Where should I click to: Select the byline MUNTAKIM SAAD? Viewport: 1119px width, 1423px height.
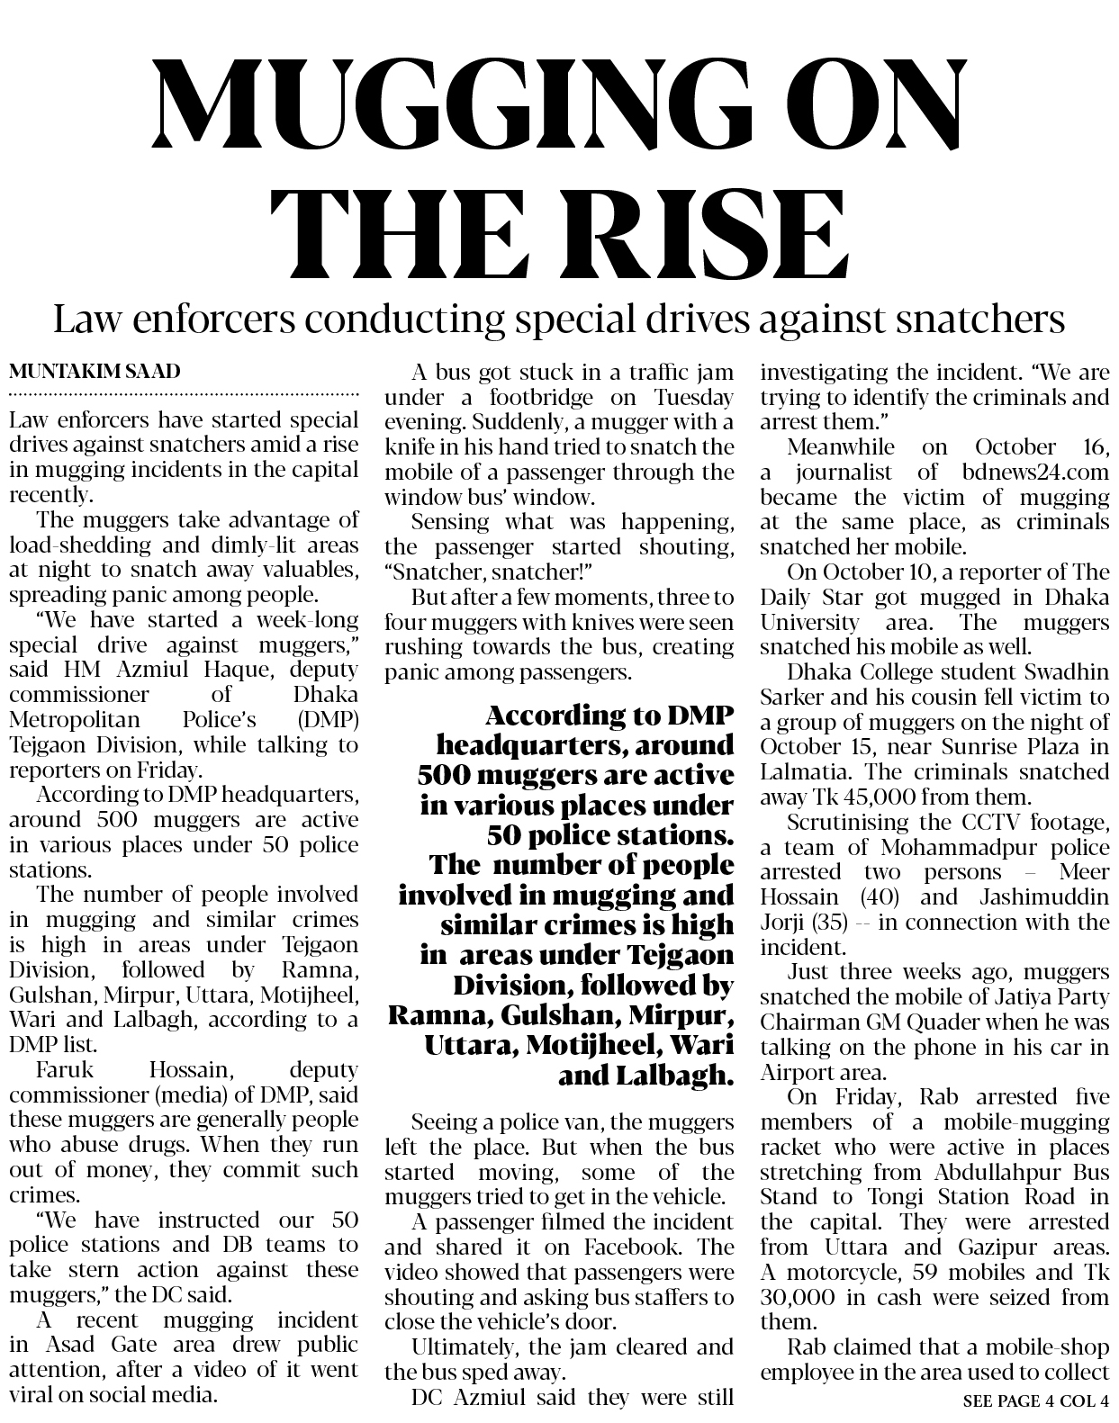[x=95, y=371]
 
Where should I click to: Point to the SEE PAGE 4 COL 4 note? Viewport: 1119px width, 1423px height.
[x=1035, y=1400]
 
